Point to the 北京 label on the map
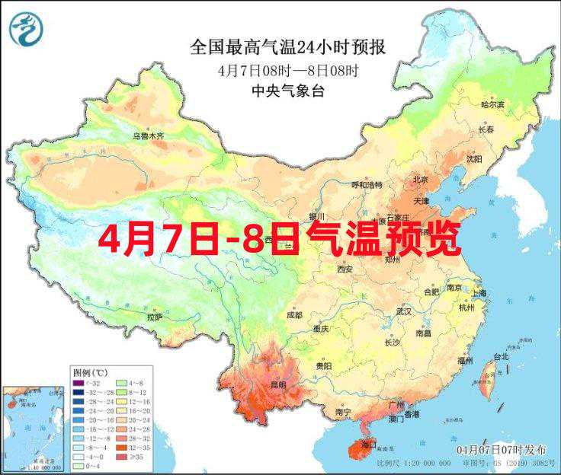coord(420,180)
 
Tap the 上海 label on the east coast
coord(479,293)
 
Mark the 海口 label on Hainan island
coord(369,443)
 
